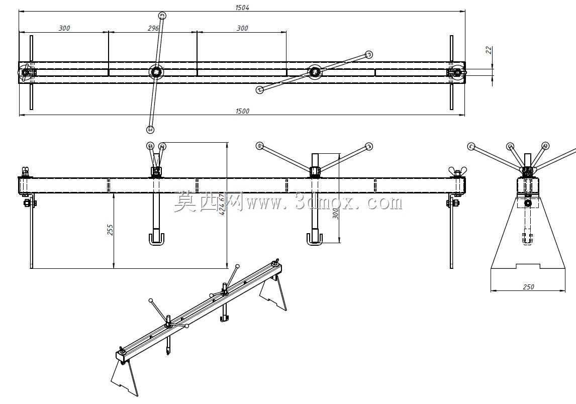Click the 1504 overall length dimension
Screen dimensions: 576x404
(242, 8)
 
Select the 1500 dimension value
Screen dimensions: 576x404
(242, 111)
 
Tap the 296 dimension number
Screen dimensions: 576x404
(153, 28)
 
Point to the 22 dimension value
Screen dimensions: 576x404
(489, 50)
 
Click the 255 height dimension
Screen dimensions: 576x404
(110, 230)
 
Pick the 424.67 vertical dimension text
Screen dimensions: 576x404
(222, 204)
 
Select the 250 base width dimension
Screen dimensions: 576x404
(528, 287)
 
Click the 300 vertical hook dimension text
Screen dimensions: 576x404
(335, 212)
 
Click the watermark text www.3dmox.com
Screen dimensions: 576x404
(325, 203)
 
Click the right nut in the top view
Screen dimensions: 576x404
(315, 72)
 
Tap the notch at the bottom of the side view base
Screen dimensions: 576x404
(528, 266)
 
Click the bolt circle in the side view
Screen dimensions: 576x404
(528, 203)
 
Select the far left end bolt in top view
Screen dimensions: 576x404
(25, 72)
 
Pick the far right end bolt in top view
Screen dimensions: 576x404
(456, 72)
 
